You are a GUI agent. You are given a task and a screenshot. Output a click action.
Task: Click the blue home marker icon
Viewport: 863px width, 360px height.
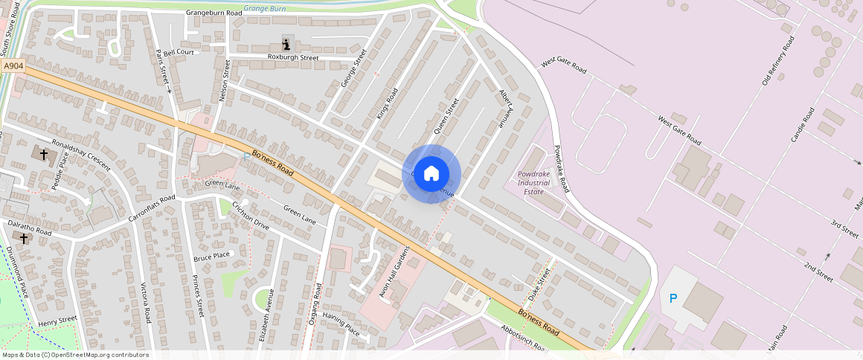[431, 174]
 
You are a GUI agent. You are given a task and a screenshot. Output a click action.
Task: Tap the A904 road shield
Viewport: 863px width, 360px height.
[13, 66]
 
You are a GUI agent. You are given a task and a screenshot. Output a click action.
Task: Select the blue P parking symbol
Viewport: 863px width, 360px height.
[673, 298]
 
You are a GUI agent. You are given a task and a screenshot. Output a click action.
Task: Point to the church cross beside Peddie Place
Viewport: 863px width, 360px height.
[44, 154]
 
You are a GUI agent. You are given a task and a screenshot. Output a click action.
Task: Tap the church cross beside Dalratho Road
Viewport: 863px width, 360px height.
[24, 238]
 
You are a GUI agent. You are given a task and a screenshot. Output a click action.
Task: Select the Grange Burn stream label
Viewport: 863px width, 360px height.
[266, 7]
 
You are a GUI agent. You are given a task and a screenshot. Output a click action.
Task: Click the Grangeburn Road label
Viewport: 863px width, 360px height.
[214, 13]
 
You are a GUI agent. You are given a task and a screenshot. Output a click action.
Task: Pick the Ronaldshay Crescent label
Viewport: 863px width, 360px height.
[80, 152]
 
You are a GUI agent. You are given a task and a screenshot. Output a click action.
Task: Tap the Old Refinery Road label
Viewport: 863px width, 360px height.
[778, 60]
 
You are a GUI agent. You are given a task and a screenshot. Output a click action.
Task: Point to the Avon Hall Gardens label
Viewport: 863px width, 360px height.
[394, 271]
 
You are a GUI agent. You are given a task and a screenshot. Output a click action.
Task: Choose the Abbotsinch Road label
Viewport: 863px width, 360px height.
[525, 339]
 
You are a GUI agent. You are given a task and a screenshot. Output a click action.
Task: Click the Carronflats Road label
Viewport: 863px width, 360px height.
[151, 208]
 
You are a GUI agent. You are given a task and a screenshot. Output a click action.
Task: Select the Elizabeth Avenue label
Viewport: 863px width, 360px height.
[266, 314]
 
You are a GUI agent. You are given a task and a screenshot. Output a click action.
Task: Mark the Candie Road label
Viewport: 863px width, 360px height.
[803, 126]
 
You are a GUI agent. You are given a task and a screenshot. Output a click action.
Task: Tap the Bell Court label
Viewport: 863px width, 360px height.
[179, 53]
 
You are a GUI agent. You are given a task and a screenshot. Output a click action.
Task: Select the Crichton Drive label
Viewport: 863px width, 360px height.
[251, 215]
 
